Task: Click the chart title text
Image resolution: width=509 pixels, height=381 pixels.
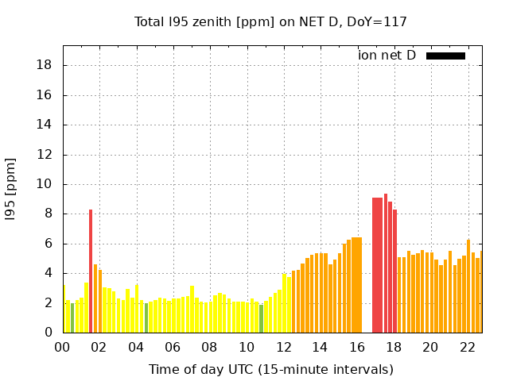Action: pos(270,21)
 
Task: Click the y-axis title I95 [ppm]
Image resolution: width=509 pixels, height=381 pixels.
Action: pos(11,190)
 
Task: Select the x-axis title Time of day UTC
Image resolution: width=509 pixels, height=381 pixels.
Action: pos(270,369)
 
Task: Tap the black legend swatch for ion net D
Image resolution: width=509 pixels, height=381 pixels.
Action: pos(445,56)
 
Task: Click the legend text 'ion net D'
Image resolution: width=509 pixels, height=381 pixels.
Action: pos(387,56)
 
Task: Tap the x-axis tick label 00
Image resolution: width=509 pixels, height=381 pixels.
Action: pos(63,347)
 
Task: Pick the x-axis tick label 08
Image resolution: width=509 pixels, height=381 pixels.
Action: pos(210,347)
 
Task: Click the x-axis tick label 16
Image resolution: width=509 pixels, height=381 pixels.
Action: pos(357,347)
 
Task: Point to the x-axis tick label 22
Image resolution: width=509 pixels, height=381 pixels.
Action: pos(467,347)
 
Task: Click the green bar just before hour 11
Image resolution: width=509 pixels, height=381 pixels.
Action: pos(261,318)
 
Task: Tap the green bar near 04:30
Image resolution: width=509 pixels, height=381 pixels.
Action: pos(146,317)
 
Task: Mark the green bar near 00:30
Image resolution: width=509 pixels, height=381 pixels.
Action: pos(72,317)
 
